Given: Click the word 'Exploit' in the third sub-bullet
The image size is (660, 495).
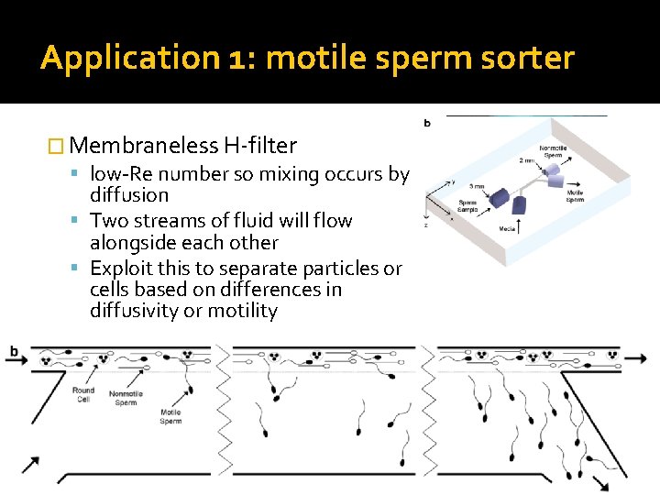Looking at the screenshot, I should click(x=122, y=269).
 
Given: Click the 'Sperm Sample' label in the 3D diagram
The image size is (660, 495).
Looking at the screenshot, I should click(x=468, y=209).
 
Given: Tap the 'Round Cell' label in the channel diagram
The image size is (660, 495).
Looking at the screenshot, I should click(x=83, y=395).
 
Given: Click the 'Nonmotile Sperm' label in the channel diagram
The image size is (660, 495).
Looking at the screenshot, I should click(x=126, y=399).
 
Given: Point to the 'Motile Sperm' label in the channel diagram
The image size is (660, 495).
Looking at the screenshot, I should click(x=170, y=417).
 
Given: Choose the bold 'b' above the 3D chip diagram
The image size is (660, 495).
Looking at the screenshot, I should click(x=428, y=122).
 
